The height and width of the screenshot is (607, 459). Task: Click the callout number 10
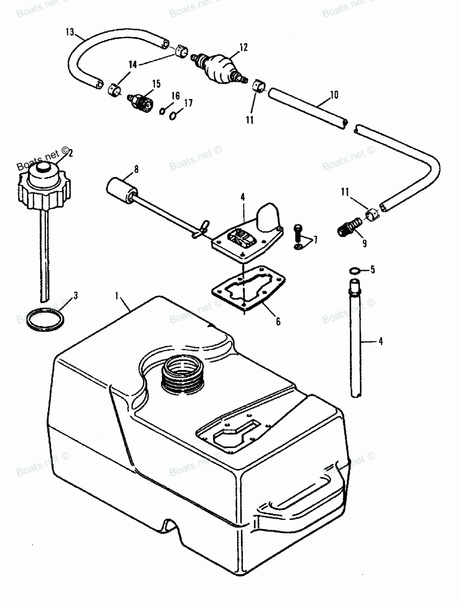(334, 95)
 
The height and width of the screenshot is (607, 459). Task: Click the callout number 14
(133, 65)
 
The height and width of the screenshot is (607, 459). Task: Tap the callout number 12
(243, 47)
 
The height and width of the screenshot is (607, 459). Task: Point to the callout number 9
(364, 243)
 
